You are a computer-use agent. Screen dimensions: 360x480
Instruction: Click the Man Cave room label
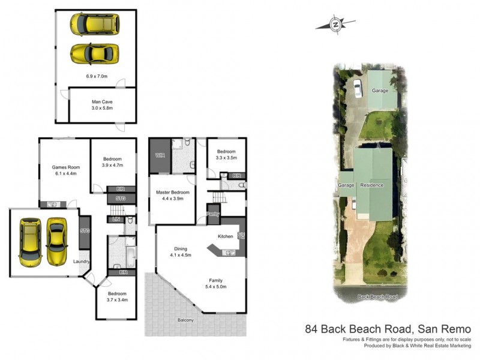click(103, 102)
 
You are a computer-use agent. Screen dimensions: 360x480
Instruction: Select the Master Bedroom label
click(172, 192)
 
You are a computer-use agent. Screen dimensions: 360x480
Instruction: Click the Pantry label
click(212, 214)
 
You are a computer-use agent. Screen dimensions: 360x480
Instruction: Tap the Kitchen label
click(225, 236)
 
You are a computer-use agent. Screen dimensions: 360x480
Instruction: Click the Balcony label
click(185, 320)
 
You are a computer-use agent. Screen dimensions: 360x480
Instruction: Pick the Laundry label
click(81, 261)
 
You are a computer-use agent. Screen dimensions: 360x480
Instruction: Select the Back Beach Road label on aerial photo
click(378, 297)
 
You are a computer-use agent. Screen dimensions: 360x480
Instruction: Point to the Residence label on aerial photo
click(372, 185)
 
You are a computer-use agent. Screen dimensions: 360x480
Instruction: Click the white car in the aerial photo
click(358, 89)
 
